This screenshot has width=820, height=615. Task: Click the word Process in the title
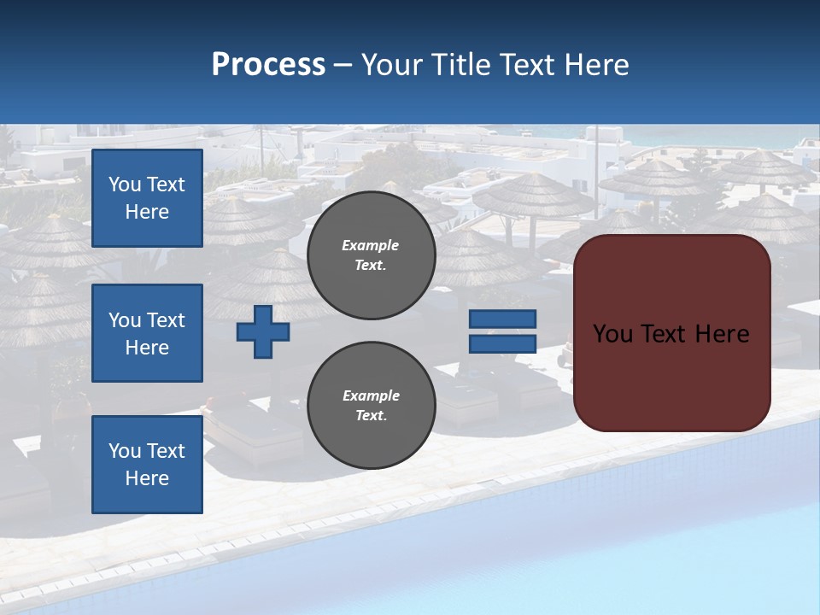pyautogui.click(x=268, y=65)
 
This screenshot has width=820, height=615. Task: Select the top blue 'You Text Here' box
pyautogui.click(x=147, y=198)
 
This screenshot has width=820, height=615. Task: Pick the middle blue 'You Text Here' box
pyautogui.click(x=147, y=333)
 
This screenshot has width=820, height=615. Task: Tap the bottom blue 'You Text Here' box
pyautogui.click(x=147, y=465)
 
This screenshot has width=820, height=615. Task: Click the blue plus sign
pyautogui.click(x=263, y=331)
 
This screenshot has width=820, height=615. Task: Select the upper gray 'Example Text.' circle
pyautogui.click(x=371, y=255)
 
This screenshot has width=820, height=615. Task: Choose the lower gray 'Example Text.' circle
pyautogui.click(x=371, y=406)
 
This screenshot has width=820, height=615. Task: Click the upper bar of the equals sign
pyautogui.click(x=502, y=319)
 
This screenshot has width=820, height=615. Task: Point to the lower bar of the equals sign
pyautogui.click(x=502, y=343)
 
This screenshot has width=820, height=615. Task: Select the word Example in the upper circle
pyautogui.click(x=371, y=246)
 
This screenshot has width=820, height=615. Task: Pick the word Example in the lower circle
pyautogui.click(x=371, y=396)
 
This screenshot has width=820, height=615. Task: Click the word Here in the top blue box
pyautogui.click(x=147, y=212)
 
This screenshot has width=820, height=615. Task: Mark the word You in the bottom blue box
pyautogui.click(x=124, y=451)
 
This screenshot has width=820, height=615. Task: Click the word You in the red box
pyautogui.click(x=612, y=334)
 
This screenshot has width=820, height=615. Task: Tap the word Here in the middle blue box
pyautogui.click(x=147, y=348)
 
